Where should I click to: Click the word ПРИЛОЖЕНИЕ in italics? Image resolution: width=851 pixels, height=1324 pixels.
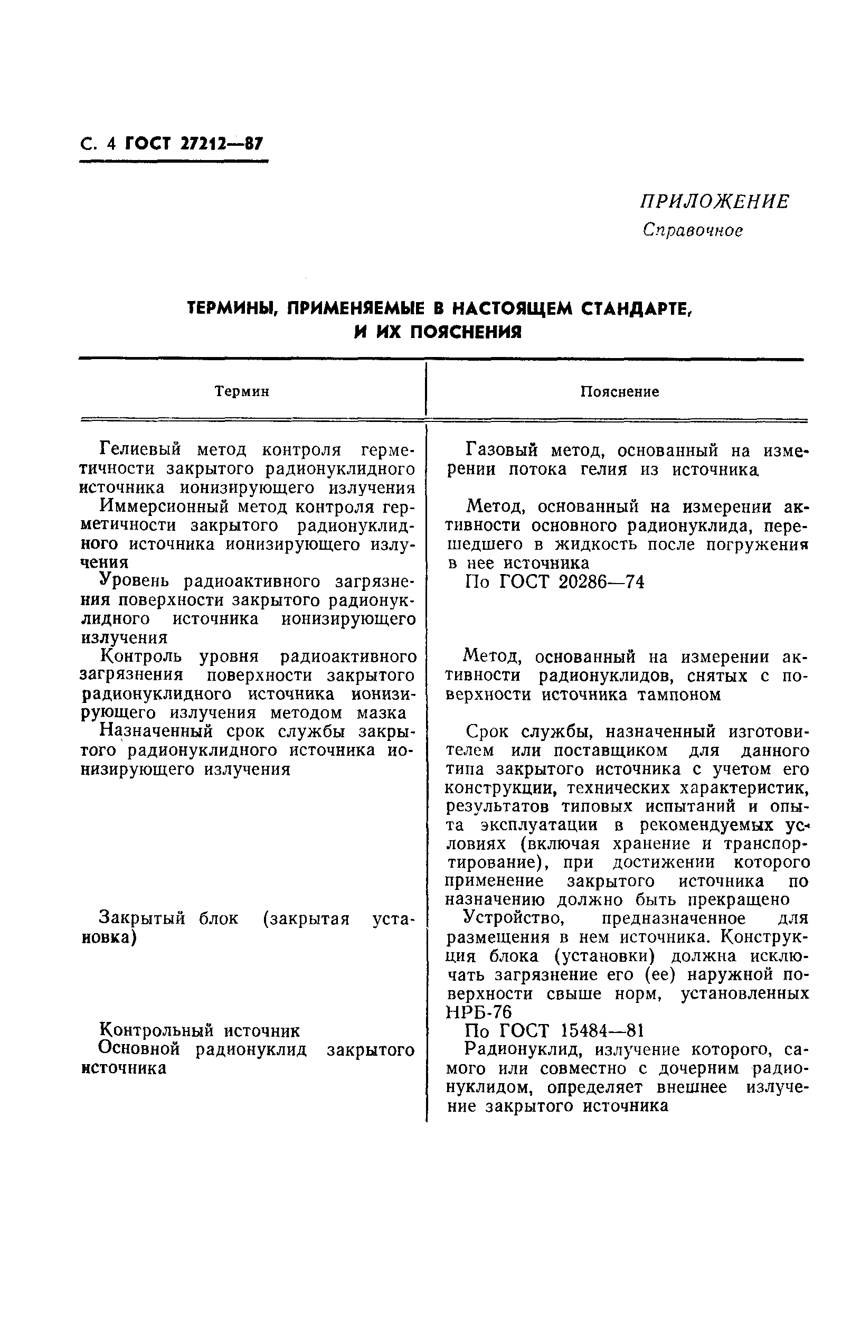pos(714,202)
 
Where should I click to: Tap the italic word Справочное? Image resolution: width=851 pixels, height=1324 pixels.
pos(693,230)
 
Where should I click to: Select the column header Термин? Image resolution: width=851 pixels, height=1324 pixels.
pos(242,392)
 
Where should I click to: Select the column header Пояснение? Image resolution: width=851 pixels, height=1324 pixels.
pos(619,392)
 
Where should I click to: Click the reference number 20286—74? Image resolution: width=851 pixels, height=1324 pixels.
pos(601,582)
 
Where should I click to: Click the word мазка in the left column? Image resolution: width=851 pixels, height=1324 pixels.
pos(382,713)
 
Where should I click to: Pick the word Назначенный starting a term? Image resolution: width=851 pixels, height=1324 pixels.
pos(156,732)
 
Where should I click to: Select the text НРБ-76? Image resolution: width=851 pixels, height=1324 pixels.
pos(478,1013)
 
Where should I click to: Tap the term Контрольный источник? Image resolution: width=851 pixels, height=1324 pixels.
pos(200,1031)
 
